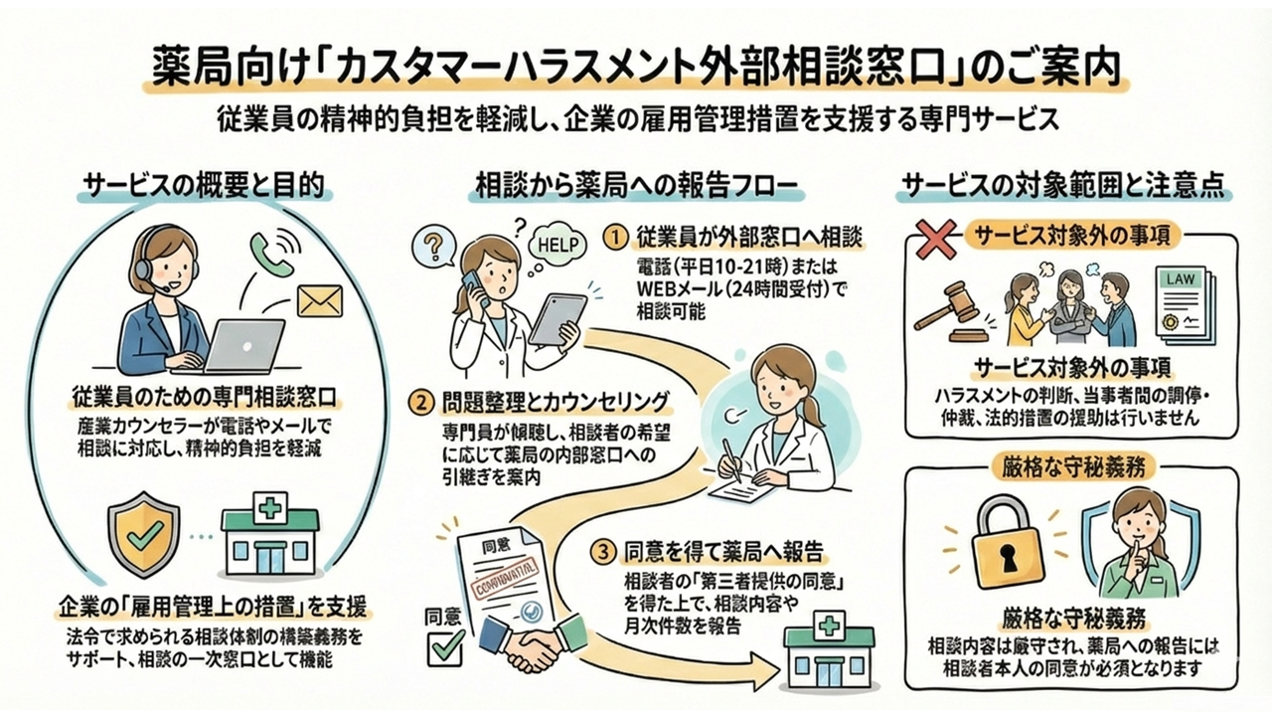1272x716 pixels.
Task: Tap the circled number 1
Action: coord(616,237)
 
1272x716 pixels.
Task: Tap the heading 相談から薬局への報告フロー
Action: coord(635,187)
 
